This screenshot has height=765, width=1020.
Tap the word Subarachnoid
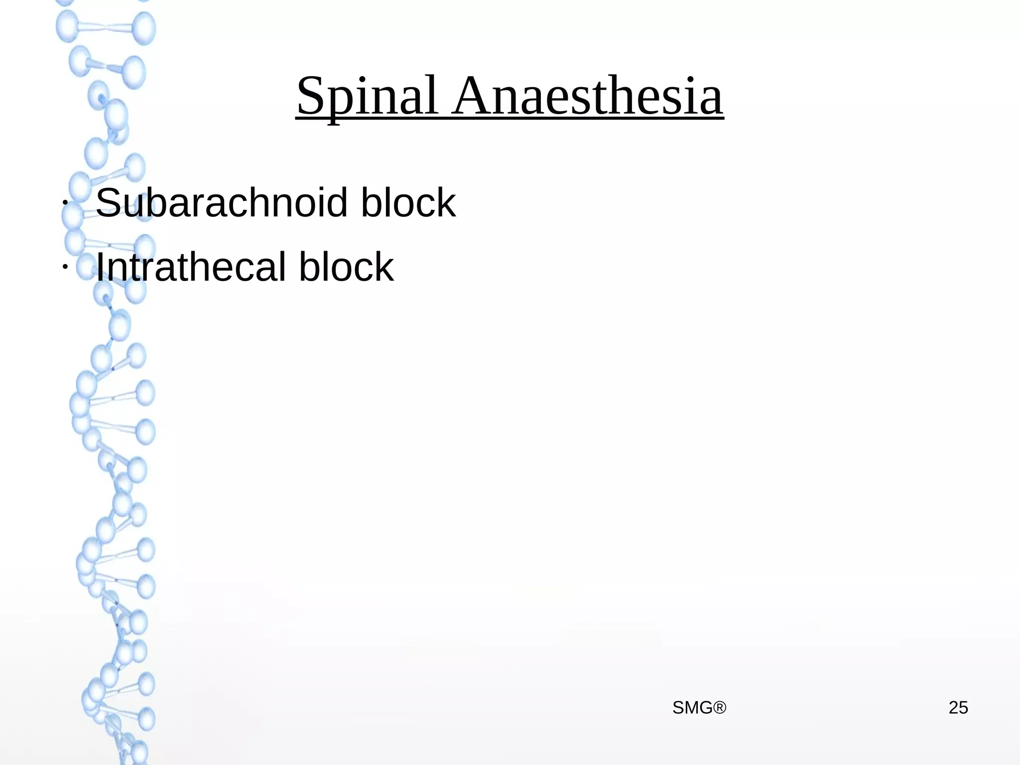(221, 203)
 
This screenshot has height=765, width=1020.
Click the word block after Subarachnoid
(408, 203)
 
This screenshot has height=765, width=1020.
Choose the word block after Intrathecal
(346, 267)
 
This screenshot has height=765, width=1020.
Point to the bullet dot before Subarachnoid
(64, 203)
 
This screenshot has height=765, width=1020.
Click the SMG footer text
(693, 708)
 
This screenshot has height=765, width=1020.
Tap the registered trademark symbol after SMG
(720, 708)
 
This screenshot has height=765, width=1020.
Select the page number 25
(958, 708)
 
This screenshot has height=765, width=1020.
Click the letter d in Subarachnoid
(335, 203)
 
